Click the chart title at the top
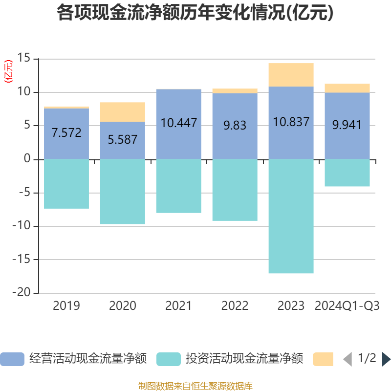pyautogui.click(x=195, y=13)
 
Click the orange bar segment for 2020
pyautogui.click(x=122, y=112)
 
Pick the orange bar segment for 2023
pyautogui.click(x=291, y=75)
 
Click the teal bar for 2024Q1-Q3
pyautogui.click(x=347, y=173)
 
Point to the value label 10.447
pyautogui.click(x=179, y=123)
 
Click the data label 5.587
pyautogui.click(x=122, y=140)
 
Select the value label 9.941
pyautogui.click(x=347, y=125)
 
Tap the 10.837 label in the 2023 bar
pyautogui.click(x=291, y=122)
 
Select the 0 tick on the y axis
pyautogui.click(x=27, y=159)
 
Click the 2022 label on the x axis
pyautogui.click(x=235, y=306)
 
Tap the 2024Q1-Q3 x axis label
pyautogui.click(x=347, y=306)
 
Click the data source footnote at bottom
pyautogui.click(x=195, y=386)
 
